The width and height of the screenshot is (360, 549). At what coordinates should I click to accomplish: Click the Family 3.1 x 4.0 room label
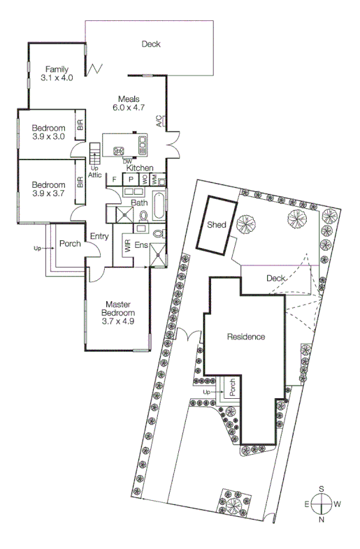coord(57,73)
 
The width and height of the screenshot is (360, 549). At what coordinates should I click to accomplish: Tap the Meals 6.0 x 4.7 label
coord(127,103)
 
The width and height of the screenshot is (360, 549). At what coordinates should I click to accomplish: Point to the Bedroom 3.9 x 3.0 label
coord(48,132)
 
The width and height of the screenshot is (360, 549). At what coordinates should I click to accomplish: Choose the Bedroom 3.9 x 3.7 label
coord(48,189)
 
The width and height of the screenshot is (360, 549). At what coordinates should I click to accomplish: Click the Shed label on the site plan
coord(216,225)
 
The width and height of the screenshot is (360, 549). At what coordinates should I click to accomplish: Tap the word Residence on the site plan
coord(245,337)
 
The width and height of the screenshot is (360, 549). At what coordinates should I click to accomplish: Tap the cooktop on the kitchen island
coord(119,149)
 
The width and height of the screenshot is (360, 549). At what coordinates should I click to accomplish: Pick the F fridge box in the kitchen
coord(114,180)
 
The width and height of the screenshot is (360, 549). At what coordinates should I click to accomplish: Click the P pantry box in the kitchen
coord(130,180)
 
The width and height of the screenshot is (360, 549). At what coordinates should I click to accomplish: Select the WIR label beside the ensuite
coord(127,245)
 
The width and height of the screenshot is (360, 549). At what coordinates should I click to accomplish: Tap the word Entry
coord(99,237)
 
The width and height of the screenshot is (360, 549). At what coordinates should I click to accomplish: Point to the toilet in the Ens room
coord(158,233)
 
